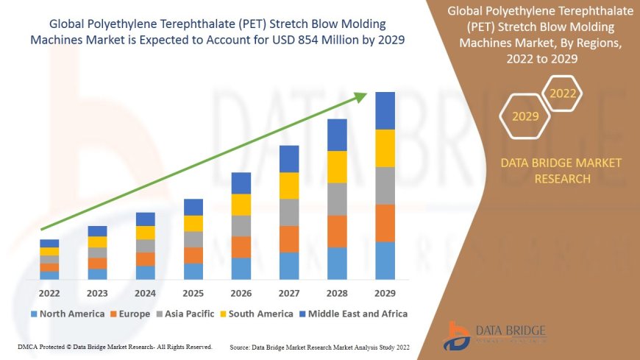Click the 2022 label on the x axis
click(x=49, y=292)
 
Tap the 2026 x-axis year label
click(x=241, y=292)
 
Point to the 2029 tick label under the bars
click(x=385, y=292)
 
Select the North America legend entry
click(x=67, y=314)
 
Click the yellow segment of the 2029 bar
click(x=385, y=148)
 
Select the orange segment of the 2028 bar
click(x=337, y=231)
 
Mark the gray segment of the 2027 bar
click(x=289, y=212)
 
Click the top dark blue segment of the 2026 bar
click(x=241, y=183)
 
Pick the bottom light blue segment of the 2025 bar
click(x=193, y=271)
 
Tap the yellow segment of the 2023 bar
click(x=97, y=241)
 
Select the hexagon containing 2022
click(x=563, y=93)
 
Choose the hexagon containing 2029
click(x=525, y=116)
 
